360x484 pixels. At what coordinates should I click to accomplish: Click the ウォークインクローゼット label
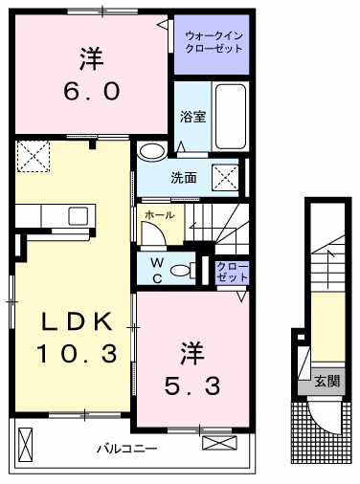point(214,42)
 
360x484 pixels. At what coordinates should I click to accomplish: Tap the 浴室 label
point(192,117)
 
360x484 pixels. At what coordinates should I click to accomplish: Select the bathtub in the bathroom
point(231,116)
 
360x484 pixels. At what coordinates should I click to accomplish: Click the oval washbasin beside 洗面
point(152,151)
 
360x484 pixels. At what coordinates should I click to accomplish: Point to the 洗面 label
point(184,178)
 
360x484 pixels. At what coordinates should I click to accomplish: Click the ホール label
point(160,215)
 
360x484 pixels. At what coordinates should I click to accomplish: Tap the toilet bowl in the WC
point(181,271)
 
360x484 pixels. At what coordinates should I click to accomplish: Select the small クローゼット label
point(232,272)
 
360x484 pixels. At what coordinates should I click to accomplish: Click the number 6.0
point(92,91)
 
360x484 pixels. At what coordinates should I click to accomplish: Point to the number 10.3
point(77,354)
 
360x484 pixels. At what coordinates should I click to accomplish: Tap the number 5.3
point(192,385)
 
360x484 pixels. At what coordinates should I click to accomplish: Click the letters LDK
point(78,321)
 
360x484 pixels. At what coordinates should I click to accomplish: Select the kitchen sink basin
point(79,216)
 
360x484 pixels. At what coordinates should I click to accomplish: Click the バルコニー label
point(127,449)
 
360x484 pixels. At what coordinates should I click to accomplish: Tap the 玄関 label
point(327,382)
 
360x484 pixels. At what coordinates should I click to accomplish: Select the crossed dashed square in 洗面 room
point(226,177)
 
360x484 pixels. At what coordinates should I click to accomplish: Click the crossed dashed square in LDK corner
point(34,156)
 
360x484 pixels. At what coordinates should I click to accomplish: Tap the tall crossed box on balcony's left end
point(26,445)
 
